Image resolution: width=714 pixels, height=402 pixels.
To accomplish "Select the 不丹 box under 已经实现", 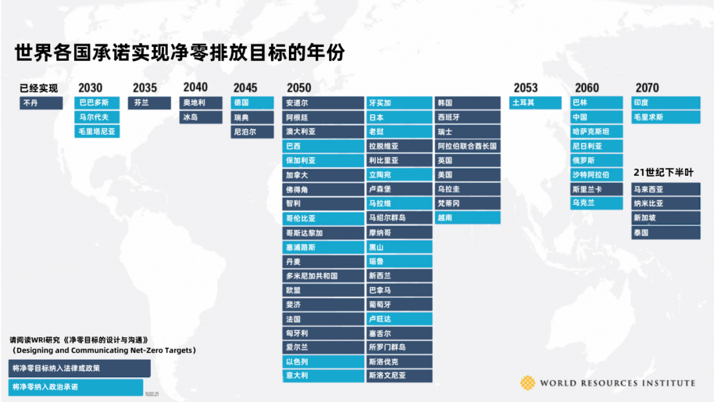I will [41, 103].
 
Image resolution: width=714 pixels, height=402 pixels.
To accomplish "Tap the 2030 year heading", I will [90, 88].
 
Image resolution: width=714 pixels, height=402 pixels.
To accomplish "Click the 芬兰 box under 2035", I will [149, 103].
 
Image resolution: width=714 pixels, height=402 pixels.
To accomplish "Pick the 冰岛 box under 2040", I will [202, 118].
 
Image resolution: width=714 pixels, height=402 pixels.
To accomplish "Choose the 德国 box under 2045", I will [252, 103].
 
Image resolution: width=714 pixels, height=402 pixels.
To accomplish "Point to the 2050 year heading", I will [299, 88].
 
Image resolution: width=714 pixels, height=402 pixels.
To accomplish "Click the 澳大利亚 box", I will [323, 132].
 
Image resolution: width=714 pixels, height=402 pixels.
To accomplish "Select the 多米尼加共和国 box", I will [323, 276].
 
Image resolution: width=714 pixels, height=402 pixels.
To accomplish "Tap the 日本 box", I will [399, 118].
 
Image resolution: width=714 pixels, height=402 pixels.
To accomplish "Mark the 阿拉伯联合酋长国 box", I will [467, 146].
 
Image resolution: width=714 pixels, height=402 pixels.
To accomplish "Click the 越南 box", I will [467, 218].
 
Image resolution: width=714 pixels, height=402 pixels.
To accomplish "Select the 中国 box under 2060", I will [596, 118].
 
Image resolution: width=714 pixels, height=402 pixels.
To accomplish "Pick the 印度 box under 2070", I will [665, 103].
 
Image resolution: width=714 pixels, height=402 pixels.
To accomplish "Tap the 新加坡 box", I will [665, 218].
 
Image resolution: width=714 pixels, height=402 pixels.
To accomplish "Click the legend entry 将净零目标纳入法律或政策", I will [80, 368].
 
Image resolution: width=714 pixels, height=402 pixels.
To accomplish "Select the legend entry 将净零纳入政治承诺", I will [76, 387].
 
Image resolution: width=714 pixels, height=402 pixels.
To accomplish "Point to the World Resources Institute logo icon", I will [528, 383].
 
